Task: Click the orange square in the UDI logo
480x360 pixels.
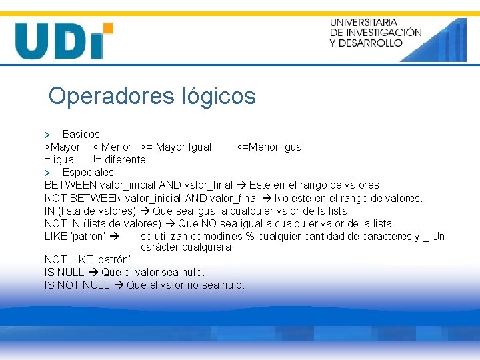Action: point(107,29)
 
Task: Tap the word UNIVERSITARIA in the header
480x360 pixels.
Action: point(363,23)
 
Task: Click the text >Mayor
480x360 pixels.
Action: point(62,147)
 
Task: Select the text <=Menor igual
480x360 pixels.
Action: point(271,147)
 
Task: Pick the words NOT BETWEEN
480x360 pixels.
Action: point(83,198)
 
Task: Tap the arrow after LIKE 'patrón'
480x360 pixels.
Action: point(114,237)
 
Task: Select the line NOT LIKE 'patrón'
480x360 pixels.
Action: point(88,259)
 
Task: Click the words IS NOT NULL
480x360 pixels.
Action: point(77,285)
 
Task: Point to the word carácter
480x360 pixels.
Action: point(161,247)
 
